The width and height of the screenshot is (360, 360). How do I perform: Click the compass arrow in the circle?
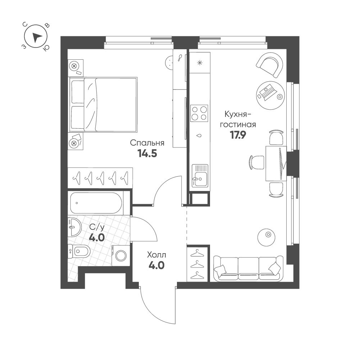pos(37,37)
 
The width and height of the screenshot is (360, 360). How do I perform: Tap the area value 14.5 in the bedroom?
pos(147,153)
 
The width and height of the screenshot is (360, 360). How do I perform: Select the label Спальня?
pos(147,143)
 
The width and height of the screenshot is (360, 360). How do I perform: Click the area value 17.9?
pos(238,135)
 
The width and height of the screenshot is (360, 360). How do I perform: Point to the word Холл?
pos(156,255)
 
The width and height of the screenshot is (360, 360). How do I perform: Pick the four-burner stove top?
pos(199,113)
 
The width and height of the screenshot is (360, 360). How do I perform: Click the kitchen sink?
pos(200,176)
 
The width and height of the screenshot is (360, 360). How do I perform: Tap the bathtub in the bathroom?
pos(96,203)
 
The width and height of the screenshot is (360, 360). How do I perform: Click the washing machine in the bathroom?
pos(121,256)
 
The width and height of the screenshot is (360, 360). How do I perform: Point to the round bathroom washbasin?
pos(74,227)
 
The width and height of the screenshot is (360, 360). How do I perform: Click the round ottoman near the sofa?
pos(266,237)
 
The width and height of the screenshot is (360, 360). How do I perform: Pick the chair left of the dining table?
pos(257,162)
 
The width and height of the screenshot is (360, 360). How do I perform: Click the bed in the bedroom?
pos(103,105)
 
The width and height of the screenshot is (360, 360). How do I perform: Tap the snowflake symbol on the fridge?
pos(200,63)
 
